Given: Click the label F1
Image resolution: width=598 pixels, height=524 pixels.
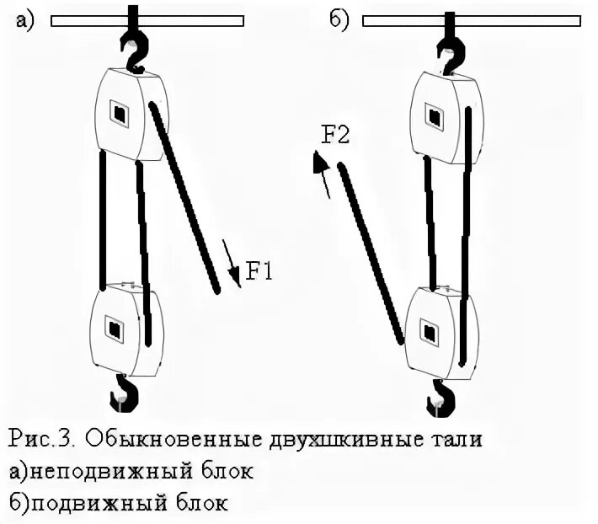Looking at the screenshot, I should pos(259,271).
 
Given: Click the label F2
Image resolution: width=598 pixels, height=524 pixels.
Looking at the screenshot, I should pos(335,135).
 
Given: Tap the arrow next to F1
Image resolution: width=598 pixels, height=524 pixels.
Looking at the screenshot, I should pos(232,263).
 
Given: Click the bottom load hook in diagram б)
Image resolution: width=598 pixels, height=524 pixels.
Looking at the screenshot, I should pos(440,395).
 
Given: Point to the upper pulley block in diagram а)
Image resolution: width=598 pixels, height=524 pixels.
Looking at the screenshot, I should pos(126,114).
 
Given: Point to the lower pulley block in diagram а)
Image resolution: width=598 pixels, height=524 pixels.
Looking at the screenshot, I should pos(125,329).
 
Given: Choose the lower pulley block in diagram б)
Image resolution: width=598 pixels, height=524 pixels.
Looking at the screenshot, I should pos(438,331).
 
